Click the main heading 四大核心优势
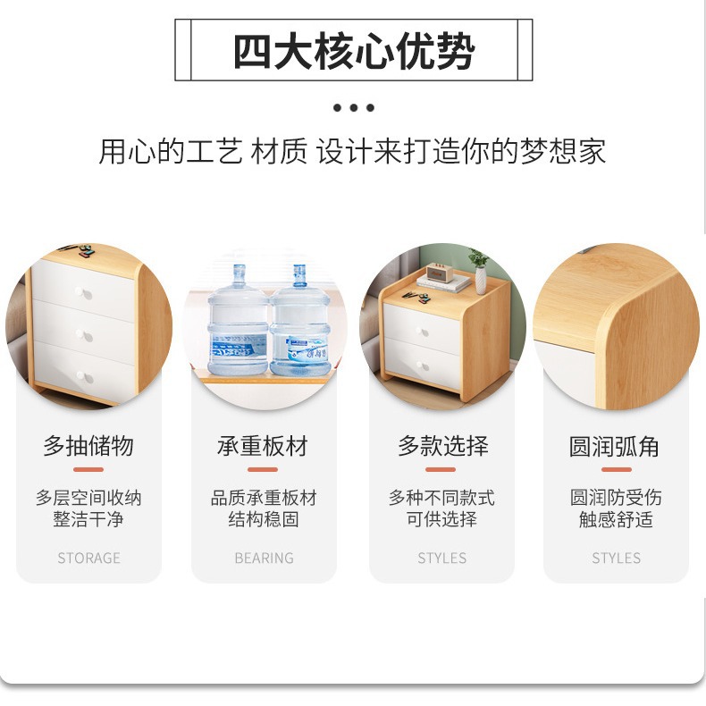[x=353, y=51]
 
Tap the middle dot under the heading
[x=354, y=108]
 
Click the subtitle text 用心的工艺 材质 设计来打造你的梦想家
[x=352, y=151]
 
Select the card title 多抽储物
[x=88, y=446]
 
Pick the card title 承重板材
[x=263, y=446]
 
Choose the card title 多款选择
[x=441, y=446]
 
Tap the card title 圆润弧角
[x=616, y=446]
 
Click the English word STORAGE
[x=88, y=558]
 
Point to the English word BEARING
[x=264, y=558]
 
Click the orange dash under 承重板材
[x=263, y=469]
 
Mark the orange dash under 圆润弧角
[x=616, y=469]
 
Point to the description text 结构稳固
[x=264, y=519]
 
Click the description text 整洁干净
[x=88, y=519]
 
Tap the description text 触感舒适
[x=616, y=519]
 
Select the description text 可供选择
[x=441, y=519]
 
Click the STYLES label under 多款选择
[x=441, y=558]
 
